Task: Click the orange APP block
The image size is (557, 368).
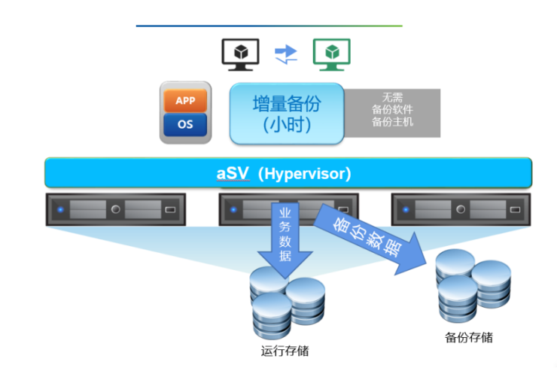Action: click(x=184, y=101)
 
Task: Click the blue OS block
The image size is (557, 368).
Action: click(x=184, y=124)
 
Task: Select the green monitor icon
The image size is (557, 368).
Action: click(x=331, y=54)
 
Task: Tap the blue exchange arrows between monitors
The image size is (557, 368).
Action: click(x=286, y=53)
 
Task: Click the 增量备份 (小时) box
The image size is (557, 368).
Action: click(x=287, y=113)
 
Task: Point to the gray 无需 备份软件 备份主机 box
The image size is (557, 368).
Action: click(x=392, y=113)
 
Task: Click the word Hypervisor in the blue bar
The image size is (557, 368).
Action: click(x=304, y=174)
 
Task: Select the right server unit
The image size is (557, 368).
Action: click(x=461, y=209)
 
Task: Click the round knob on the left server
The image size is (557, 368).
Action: click(x=115, y=209)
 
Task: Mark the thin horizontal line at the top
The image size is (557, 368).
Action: click(x=269, y=26)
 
